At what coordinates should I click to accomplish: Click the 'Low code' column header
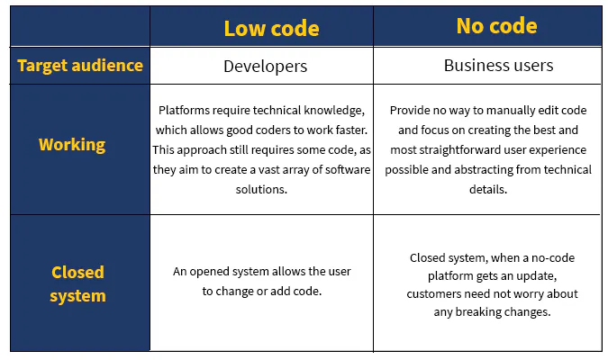click(x=271, y=28)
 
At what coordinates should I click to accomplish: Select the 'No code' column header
click(x=497, y=26)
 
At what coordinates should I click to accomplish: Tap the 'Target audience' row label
click(x=80, y=65)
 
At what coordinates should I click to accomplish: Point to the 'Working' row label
click(x=72, y=144)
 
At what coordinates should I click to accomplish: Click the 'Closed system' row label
click(x=77, y=283)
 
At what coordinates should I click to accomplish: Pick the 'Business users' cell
click(x=498, y=66)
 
